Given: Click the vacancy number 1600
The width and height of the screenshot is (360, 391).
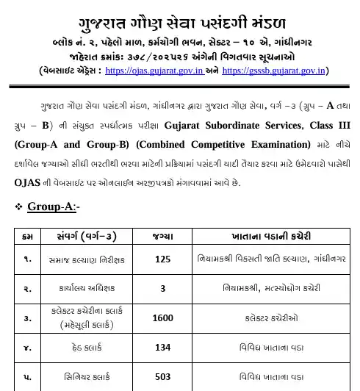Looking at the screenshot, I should tap(162, 319).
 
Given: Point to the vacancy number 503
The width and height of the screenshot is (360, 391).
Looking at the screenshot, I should tap(162, 378).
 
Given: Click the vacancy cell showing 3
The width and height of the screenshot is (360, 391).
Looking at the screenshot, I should tap(162, 289).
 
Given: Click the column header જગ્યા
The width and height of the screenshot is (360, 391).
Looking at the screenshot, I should tap(162, 236).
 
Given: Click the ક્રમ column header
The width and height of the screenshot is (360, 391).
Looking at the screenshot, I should tap(27, 236).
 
